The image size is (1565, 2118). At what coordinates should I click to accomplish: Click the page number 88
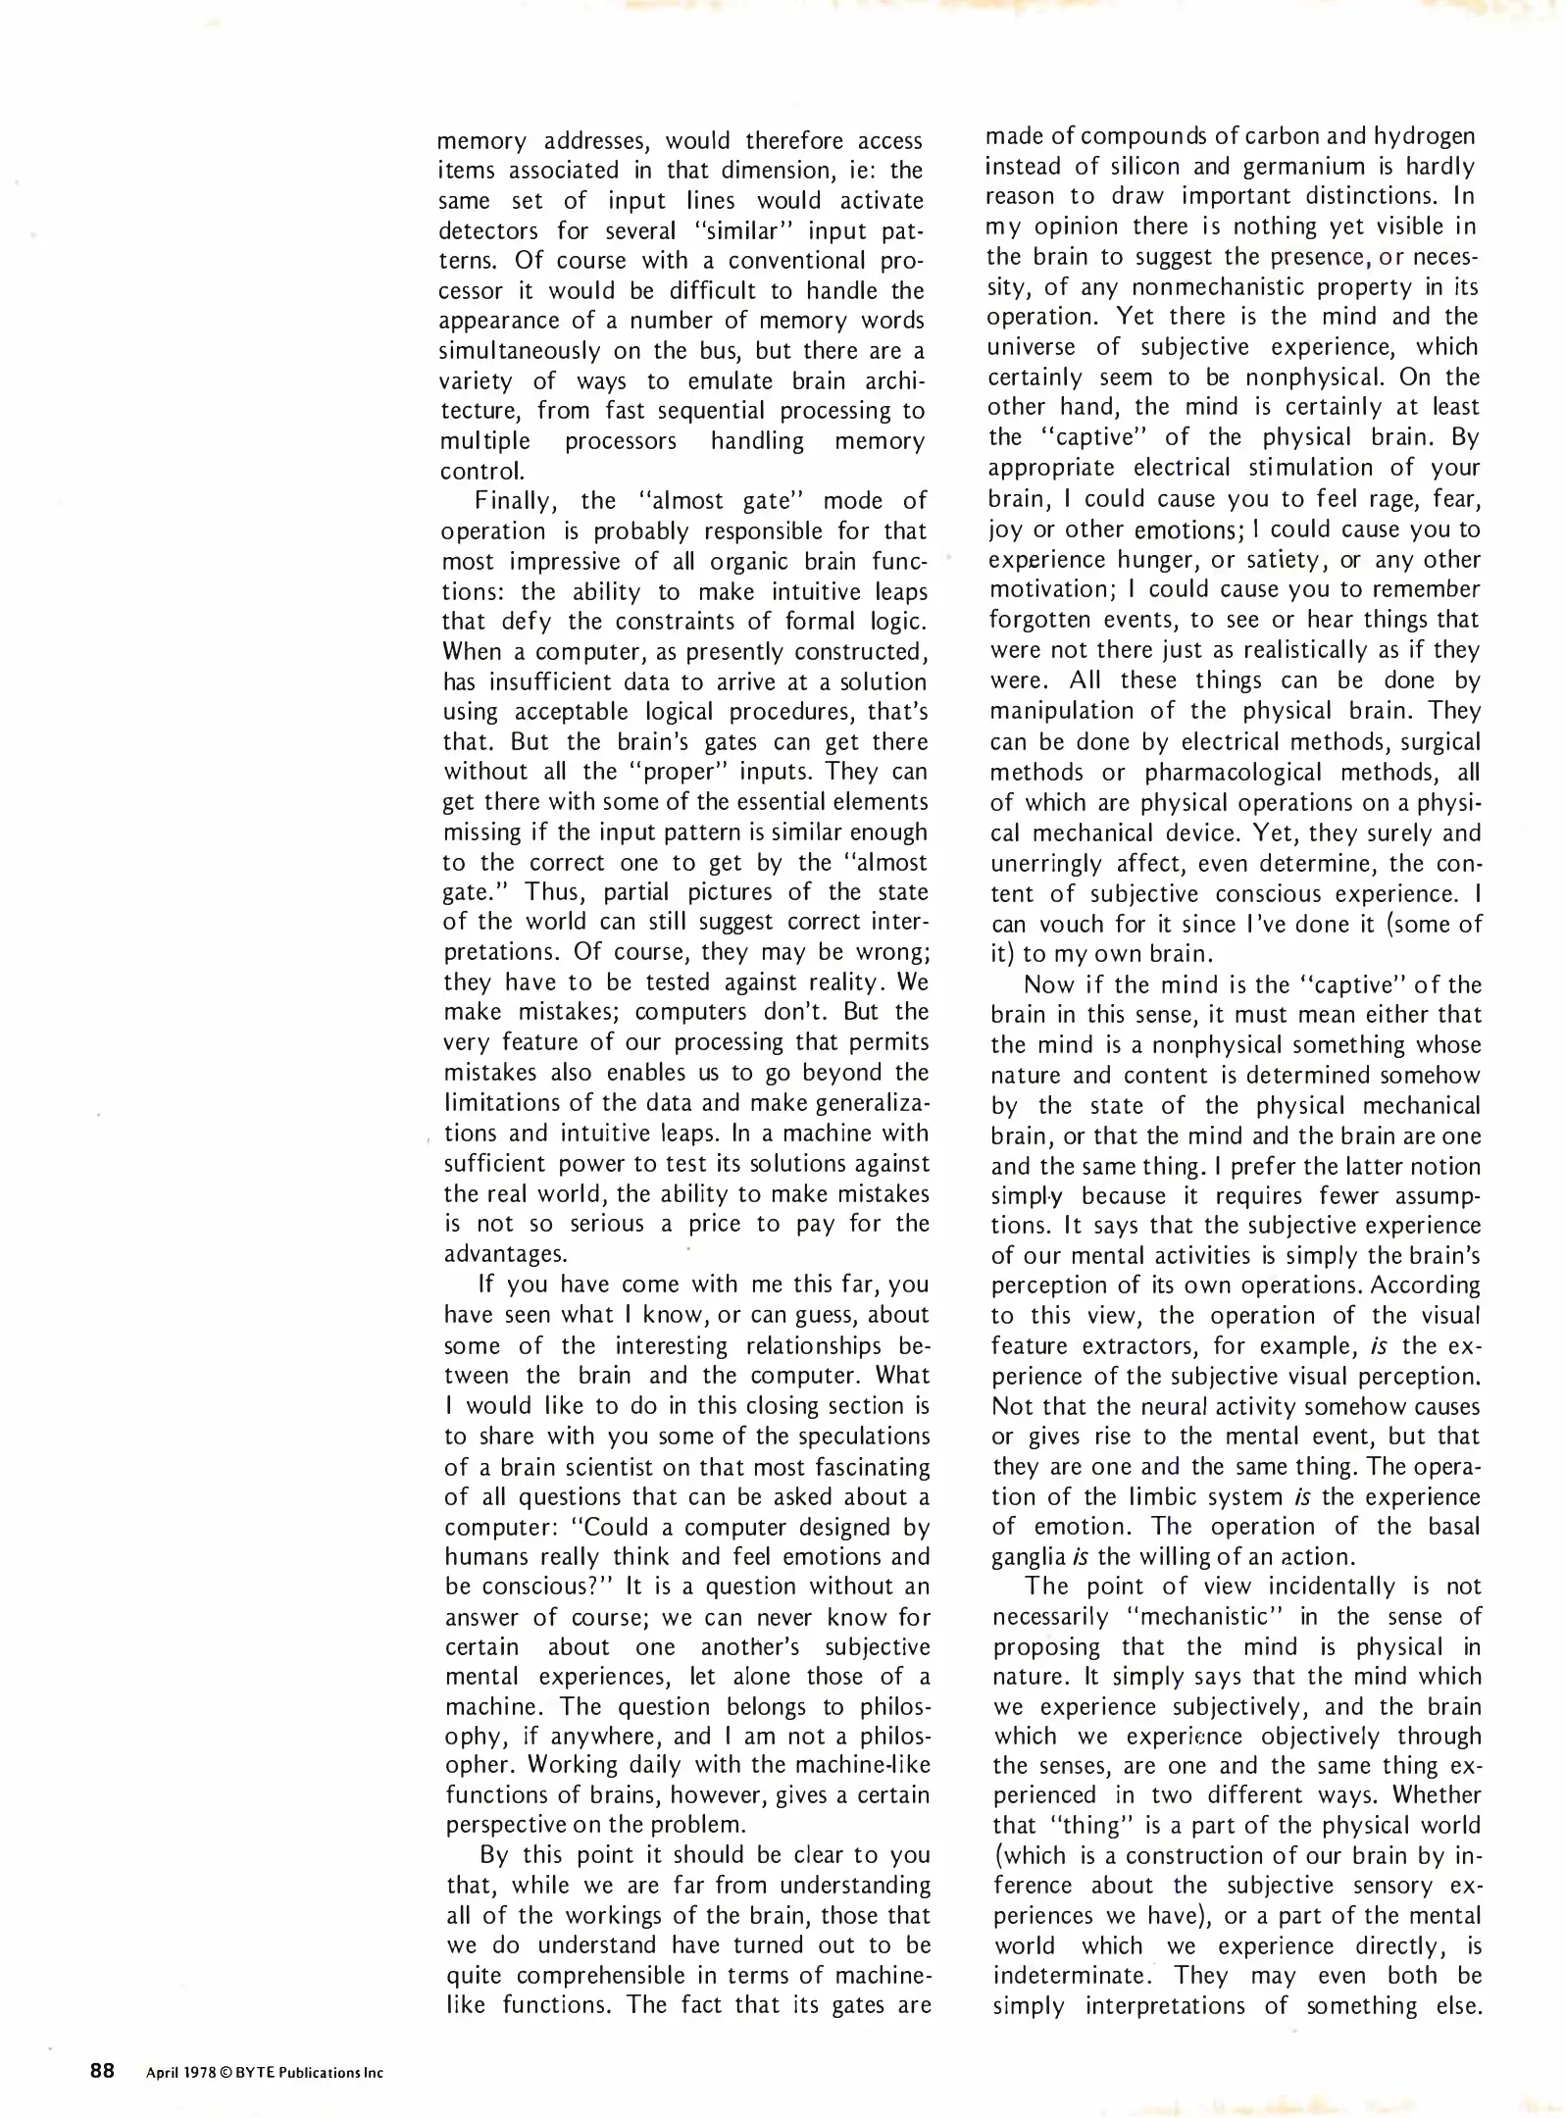(102, 2071)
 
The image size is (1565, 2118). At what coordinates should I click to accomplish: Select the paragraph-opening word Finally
(516, 501)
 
